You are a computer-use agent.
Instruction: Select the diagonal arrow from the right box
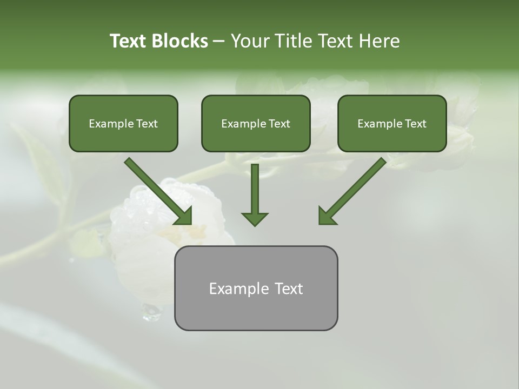coord(357,187)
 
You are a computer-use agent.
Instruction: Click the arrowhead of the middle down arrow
coord(255,218)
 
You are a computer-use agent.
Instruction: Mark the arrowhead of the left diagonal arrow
coord(184,216)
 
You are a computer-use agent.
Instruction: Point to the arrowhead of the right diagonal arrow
coord(327,216)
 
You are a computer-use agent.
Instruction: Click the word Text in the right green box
coord(415,124)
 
